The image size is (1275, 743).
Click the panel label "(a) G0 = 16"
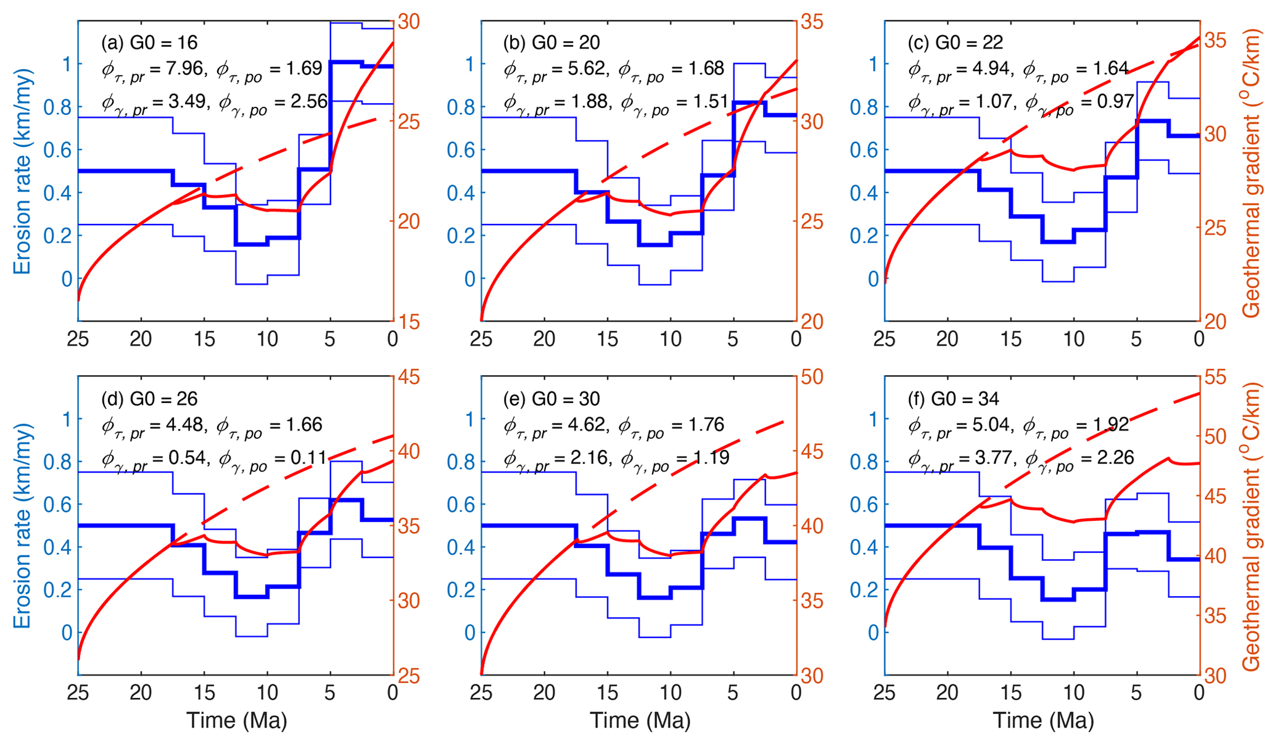(x=149, y=43)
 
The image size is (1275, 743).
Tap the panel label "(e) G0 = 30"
(x=551, y=399)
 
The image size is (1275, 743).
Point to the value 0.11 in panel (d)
(x=308, y=458)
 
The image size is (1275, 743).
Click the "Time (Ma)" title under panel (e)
(x=640, y=721)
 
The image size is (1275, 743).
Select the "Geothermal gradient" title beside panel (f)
(x=1252, y=526)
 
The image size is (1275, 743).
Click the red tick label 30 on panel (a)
(x=407, y=22)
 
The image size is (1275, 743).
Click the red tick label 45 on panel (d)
(x=407, y=377)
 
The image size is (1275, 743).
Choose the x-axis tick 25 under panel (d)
(x=78, y=693)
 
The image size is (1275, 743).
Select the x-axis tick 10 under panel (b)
(x=671, y=339)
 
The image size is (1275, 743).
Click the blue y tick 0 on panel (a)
(x=66, y=279)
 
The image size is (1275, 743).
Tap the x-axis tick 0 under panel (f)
(x=1199, y=693)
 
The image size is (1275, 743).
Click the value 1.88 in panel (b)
(x=586, y=102)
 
